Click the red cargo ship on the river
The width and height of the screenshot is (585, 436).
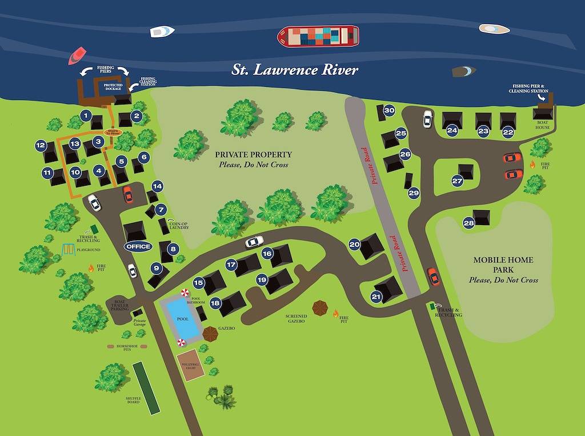pos(318,37)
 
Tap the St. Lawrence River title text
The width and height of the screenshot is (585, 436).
pos(295,70)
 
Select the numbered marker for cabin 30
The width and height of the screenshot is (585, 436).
pos(389,110)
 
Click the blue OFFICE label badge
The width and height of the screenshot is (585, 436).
pos(138,246)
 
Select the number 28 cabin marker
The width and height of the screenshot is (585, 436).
pos(469,223)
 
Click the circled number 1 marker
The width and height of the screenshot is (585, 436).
pos(86,115)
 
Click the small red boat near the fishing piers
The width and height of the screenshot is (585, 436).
pos(77,55)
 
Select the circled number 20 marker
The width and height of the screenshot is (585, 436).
pos(354,244)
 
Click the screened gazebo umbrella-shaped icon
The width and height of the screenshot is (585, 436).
pos(320,309)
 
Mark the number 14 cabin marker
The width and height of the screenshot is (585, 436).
pos(157,186)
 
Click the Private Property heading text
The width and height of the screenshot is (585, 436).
pos(253,154)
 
